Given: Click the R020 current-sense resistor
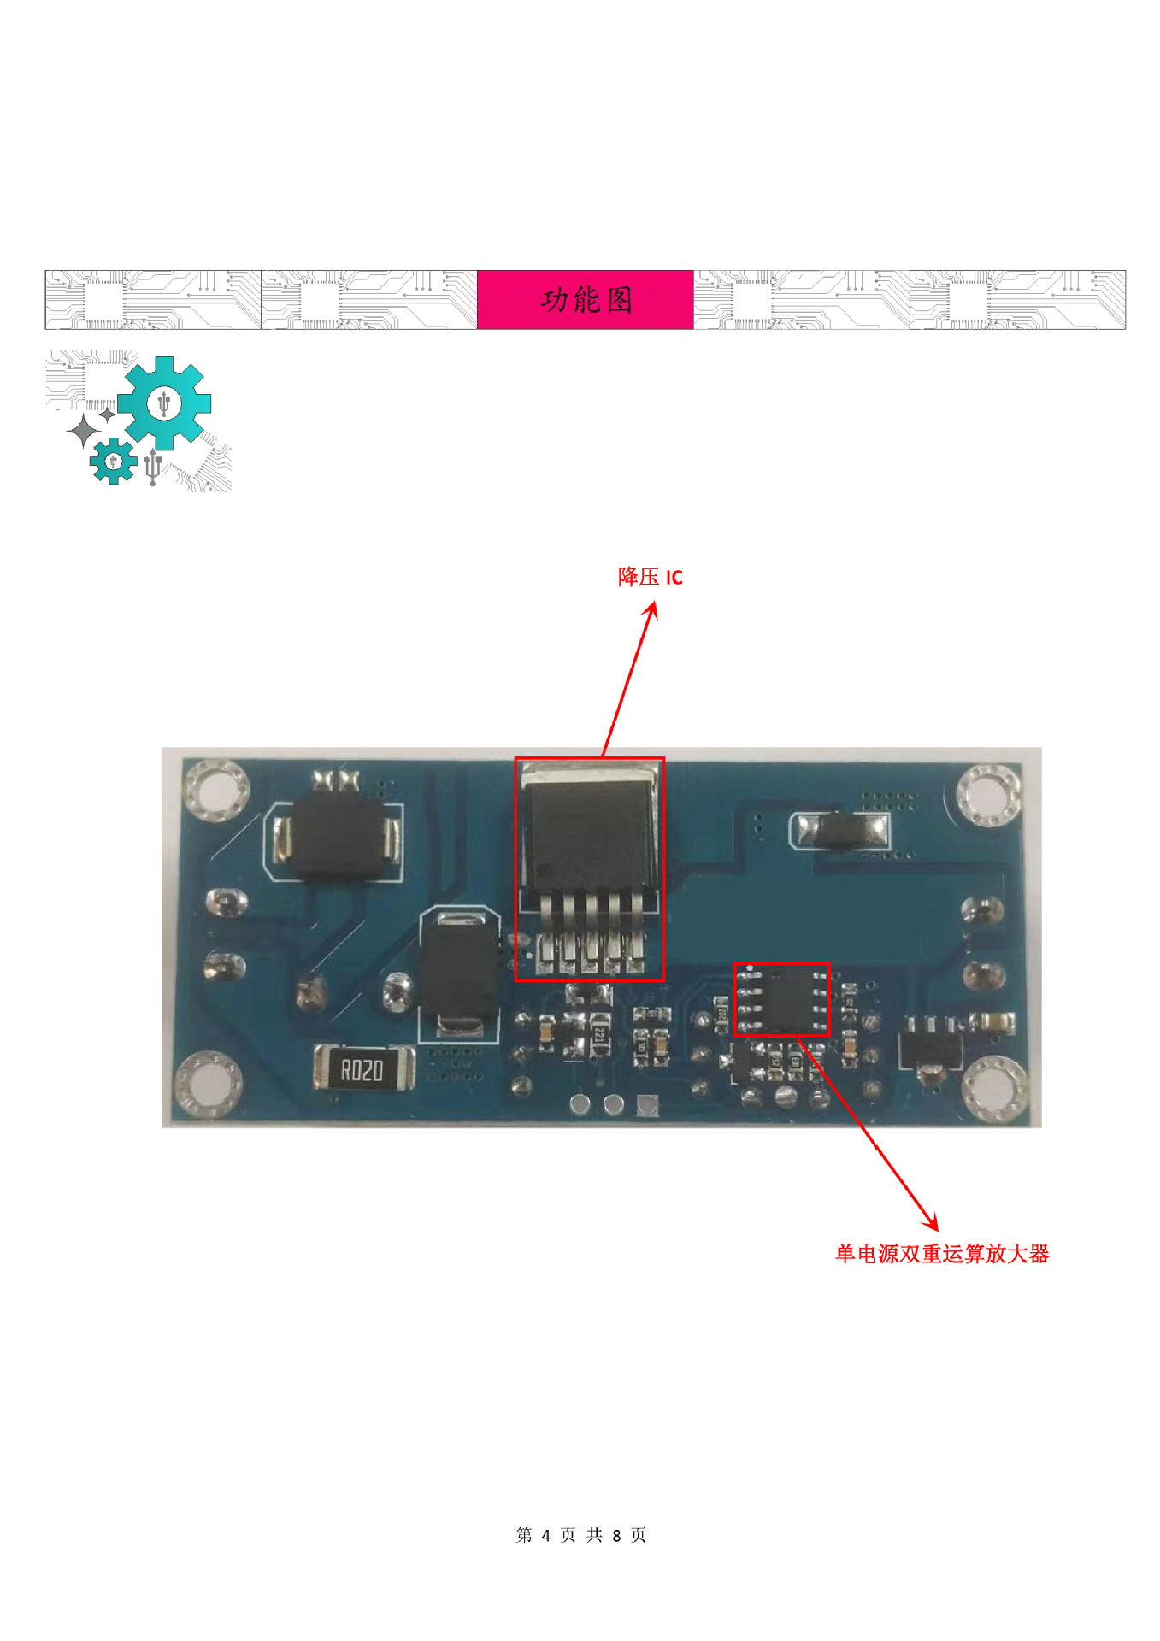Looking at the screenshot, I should pyautogui.click(x=363, y=1069).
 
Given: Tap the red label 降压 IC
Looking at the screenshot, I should pyautogui.click(x=650, y=577).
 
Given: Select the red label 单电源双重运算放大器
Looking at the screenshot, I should pyautogui.click(x=941, y=1254).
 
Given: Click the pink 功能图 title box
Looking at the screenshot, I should pyautogui.click(x=585, y=300).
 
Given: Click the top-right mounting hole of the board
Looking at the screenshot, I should pyautogui.click(x=989, y=796).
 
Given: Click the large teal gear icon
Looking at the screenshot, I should pyautogui.click(x=164, y=403).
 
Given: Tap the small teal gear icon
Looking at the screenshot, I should pyautogui.click(x=113, y=462).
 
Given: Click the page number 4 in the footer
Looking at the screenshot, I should pyautogui.click(x=545, y=1535).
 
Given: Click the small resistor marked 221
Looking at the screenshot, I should pyautogui.click(x=600, y=1036).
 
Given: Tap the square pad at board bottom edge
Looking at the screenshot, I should pyautogui.click(x=648, y=1106).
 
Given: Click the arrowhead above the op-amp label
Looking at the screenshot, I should pyautogui.click(x=932, y=1224).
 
